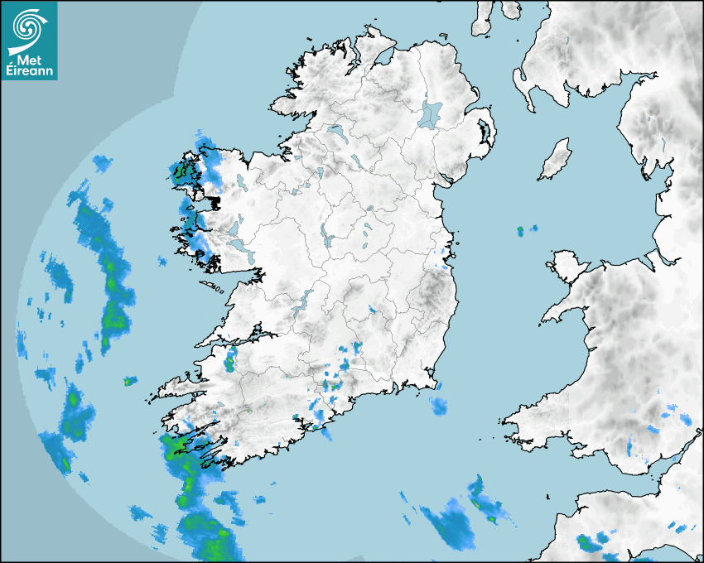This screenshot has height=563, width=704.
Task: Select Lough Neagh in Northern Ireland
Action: click(x=431, y=113)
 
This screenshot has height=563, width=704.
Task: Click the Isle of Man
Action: click(x=556, y=159)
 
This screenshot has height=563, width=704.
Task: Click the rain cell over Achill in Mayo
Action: click(x=183, y=173)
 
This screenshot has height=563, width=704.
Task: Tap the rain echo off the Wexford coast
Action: click(x=438, y=406)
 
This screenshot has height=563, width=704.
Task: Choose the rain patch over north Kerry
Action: click(x=229, y=359)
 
